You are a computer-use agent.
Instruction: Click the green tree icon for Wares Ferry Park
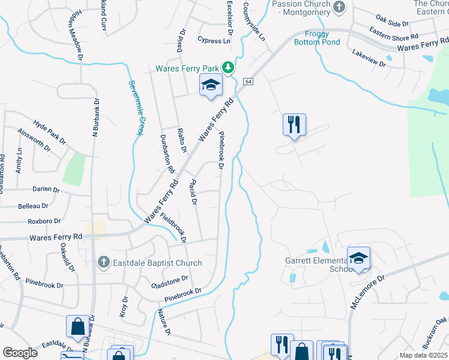click(228, 67)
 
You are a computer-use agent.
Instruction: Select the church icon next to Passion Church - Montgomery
click(340, 8)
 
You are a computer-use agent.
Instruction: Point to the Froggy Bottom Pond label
click(317, 38)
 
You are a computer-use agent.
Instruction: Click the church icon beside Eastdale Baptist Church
click(103, 262)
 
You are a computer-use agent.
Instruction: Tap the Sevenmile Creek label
click(135, 108)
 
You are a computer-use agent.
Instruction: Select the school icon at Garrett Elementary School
click(358, 259)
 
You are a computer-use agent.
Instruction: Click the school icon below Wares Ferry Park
click(211, 86)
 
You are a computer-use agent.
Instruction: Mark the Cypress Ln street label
click(214, 41)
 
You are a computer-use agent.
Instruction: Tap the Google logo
click(20, 353)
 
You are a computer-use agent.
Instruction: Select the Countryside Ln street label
click(255, 21)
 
